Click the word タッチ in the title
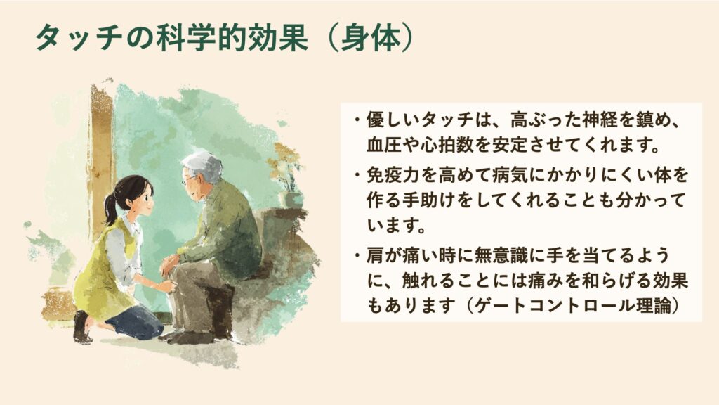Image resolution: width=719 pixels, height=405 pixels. coord(79,38)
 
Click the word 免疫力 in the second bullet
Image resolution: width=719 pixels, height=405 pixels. coord(393,175)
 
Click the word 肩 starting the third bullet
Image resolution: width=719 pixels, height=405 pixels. coord(375,256)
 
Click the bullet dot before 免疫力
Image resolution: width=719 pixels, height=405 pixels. coord(357,175)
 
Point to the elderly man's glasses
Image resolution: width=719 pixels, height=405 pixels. coord(188,179)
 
